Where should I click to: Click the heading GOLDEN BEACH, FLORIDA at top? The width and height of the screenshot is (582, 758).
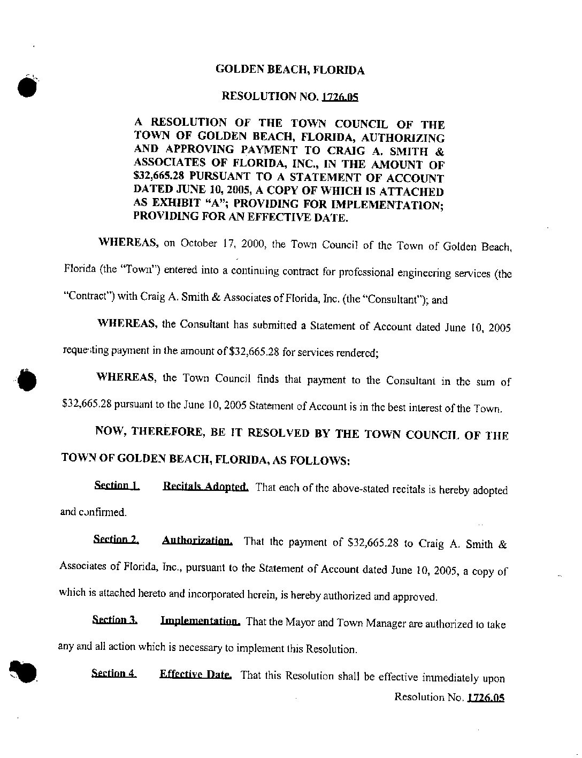(x=290, y=70)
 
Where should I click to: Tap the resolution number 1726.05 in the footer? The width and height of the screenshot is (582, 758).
(x=486, y=698)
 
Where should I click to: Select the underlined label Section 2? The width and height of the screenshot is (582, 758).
(x=116, y=540)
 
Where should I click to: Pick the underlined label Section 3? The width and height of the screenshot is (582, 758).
(x=114, y=620)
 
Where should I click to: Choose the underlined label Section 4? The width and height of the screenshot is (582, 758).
(x=114, y=673)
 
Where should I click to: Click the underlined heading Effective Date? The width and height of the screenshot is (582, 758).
(x=195, y=674)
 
